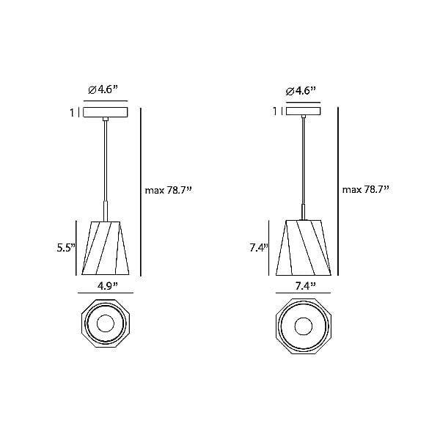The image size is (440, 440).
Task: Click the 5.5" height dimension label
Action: pyautogui.click(x=66, y=248)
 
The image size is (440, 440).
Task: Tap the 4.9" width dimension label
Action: pyautogui.click(x=108, y=286)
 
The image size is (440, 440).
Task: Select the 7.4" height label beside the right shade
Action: pyautogui.click(x=259, y=248)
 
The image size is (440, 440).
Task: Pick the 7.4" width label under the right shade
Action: pyautogui.click(x=306, y=286)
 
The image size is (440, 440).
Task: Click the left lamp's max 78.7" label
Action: pyautogui.click(x=169, y=191)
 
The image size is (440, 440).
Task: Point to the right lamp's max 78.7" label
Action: pyautogui.click(x=366, y=190)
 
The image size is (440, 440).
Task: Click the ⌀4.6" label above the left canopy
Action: pyautogui.click(x=103, y=89)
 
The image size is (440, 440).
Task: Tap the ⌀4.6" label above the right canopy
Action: pyautogui.click(x=301, y=91)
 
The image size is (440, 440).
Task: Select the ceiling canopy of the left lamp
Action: pyautogui.click(x=106, y=112)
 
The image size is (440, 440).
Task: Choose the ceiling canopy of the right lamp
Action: pyautogui.click(x=304, y=111)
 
